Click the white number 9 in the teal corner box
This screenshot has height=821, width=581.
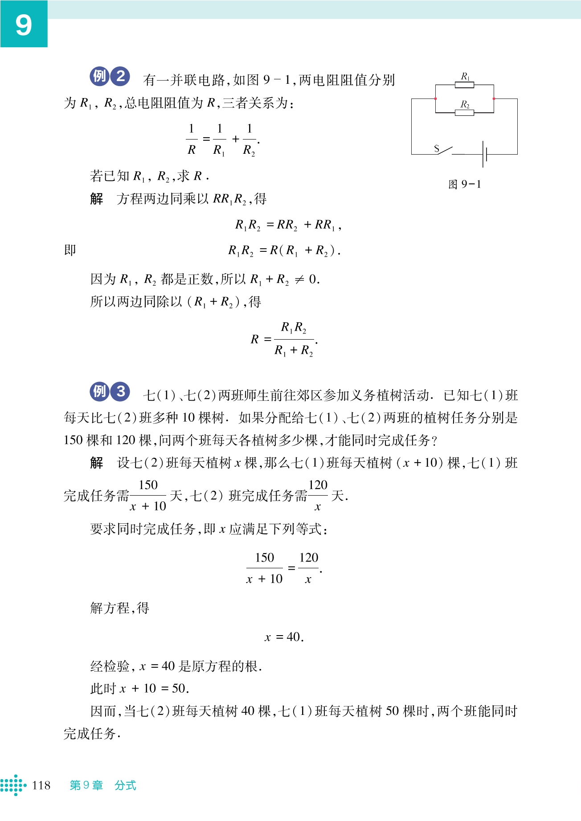pos(24,25)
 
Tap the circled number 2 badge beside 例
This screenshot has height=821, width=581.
pos(120,76)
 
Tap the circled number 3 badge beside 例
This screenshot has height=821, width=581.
pos(120,391)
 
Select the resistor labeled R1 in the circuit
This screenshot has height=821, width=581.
pos(464,85)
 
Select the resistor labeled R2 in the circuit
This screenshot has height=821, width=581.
pos(464,113)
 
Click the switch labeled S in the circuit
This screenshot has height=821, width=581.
pos(444,151)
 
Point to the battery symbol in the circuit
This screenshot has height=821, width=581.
pos(485,154)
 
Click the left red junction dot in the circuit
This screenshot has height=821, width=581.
pos(435,99)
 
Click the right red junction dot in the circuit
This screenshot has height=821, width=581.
pos(494,99)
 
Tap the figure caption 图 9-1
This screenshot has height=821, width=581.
pos(465,184)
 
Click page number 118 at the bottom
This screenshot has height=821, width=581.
pos(41,785)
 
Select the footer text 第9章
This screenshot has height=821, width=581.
pos(86,785)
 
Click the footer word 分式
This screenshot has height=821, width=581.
pos(125,785)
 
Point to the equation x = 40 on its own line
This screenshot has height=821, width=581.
pos(284,637)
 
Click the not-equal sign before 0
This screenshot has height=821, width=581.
pos(299,279)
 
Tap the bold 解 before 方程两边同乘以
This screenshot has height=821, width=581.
pos(97,199)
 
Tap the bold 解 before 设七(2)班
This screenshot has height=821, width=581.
pos(97,463)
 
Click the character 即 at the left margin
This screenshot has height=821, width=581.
pos(70,250)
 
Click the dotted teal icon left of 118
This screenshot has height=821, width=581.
pos(12,785)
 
